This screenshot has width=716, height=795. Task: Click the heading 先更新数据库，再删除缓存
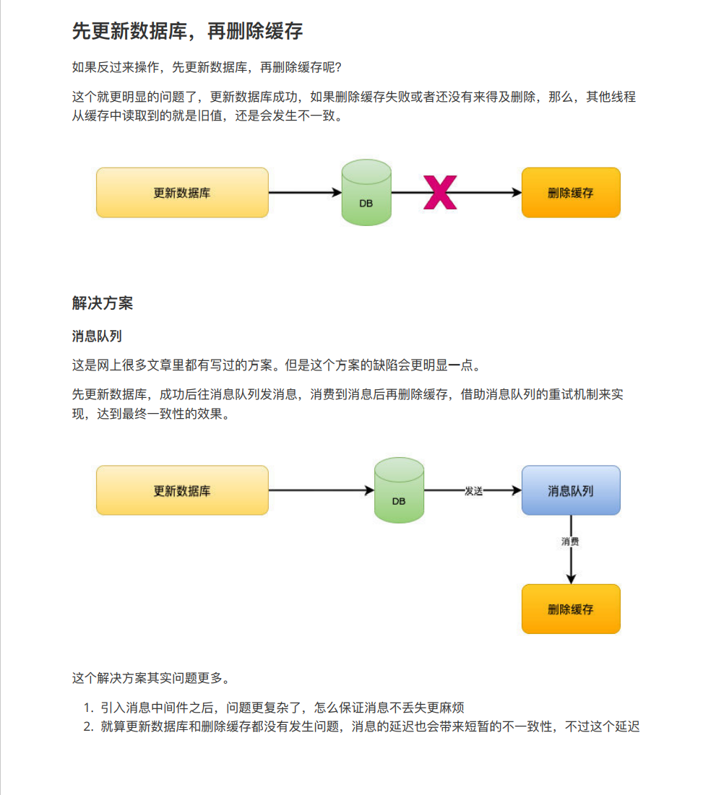(x=187, y=32)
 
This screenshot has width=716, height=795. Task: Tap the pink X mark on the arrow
(x=440, y=193)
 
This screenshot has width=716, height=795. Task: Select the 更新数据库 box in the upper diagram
(x=182, y=193)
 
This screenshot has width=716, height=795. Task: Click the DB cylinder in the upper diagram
(x=366, y=193)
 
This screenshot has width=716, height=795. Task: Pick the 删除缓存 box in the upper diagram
(x=571, y=193)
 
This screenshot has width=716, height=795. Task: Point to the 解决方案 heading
(x=103, y=303)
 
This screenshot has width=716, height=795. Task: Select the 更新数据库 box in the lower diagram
(x=182, y=490)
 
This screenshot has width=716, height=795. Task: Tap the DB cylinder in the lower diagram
(x=399, y=491)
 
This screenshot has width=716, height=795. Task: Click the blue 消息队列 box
(x=571, y=490)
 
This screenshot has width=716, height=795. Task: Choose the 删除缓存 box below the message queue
(x=571, y=609)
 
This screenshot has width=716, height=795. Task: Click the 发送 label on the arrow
(x=473, y=491)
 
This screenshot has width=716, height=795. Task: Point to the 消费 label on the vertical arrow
(x=570, y=541)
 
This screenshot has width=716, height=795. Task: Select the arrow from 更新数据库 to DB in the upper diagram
(x=304, y=193)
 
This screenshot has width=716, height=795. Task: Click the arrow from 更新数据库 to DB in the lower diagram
(x=321, y=491)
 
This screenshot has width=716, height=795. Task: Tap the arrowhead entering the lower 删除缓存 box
(x=571, y=578)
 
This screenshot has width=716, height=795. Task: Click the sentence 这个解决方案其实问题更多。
(x=152, y=678)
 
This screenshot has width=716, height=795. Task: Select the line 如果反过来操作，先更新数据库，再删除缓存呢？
(x=207, y=68)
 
